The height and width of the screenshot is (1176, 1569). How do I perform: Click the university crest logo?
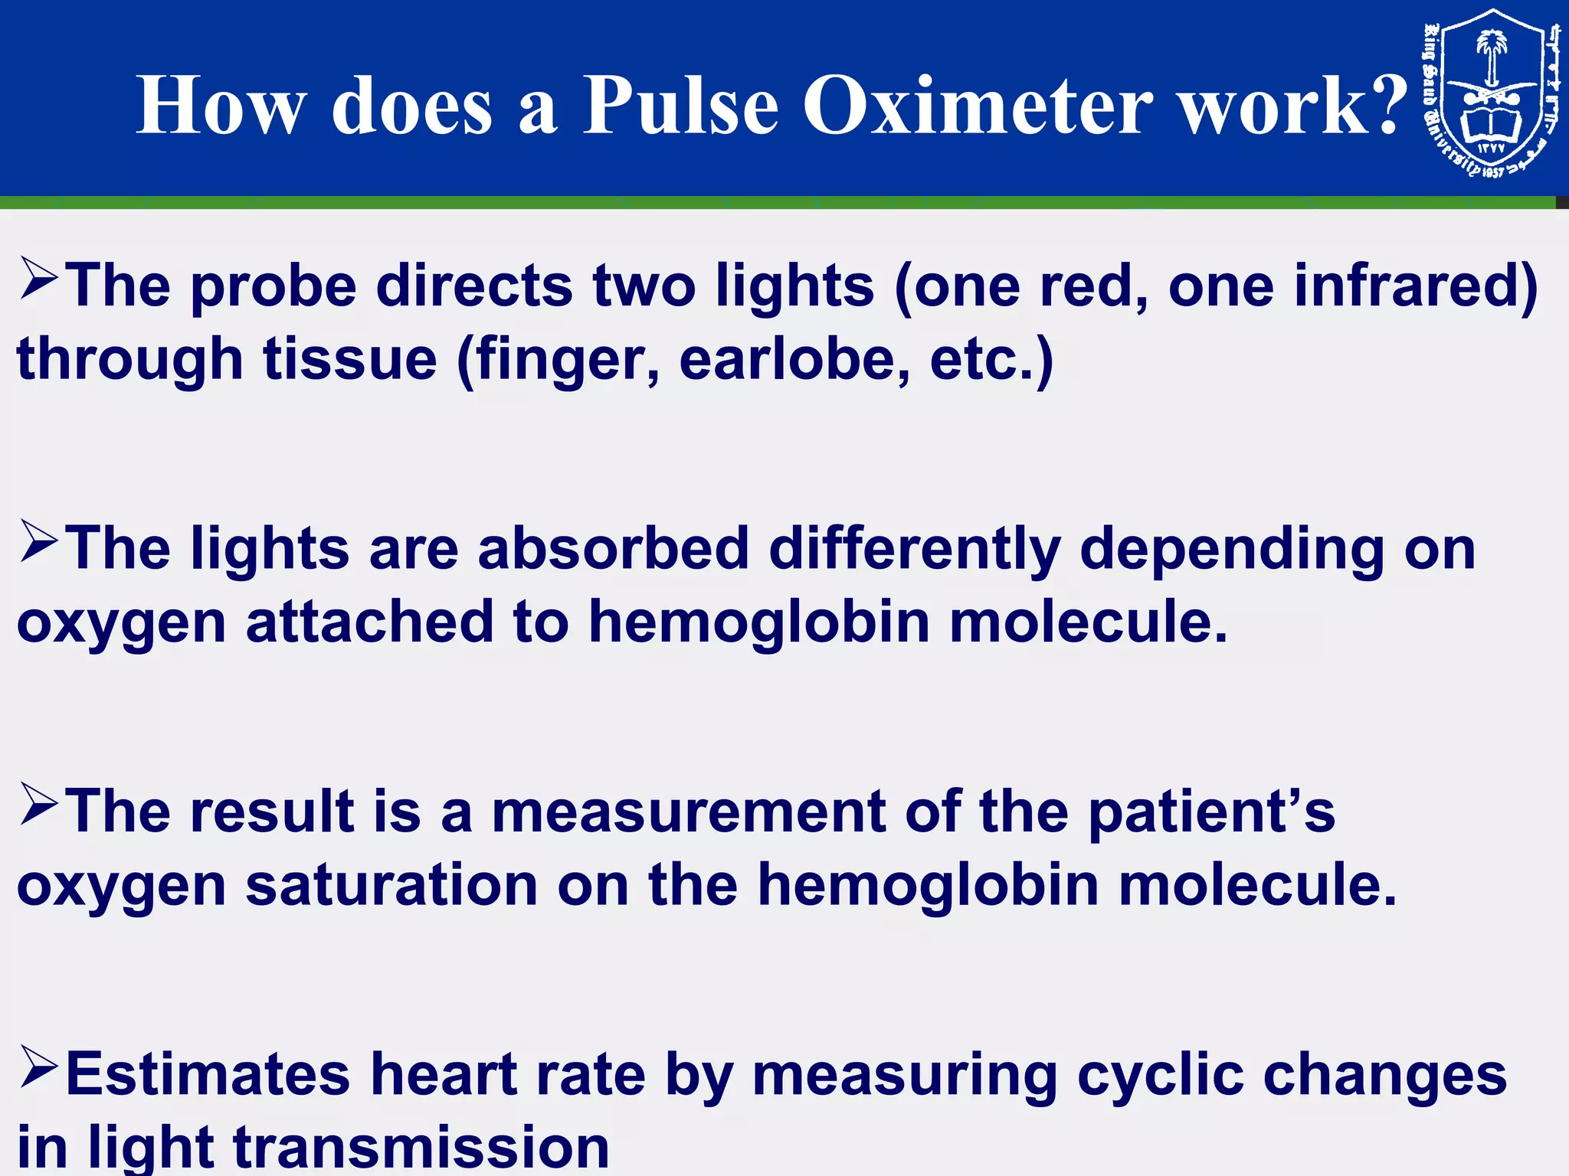point(1491,93)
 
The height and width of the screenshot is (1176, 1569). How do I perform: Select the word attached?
point(369,622)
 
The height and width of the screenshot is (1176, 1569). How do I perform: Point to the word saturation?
point(391,886)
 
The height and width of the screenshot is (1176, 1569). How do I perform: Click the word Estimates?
point(208,1074)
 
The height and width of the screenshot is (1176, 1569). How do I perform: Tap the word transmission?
point(421,1147)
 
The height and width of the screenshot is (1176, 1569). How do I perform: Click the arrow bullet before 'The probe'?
point(38,279)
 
